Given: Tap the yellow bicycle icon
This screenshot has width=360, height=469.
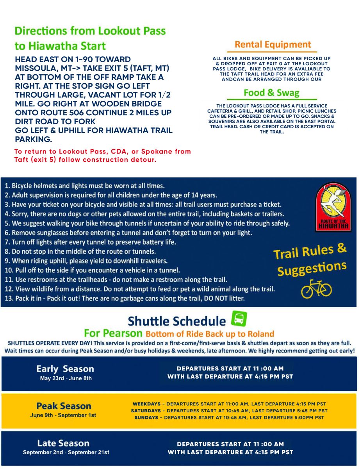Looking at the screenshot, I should tap(316, 289).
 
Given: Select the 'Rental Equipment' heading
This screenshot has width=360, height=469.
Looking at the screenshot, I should tap(273, 45).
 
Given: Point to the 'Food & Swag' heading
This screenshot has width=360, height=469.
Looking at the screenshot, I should tap(271, 93).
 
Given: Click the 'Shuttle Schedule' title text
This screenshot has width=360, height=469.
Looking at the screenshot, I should tap(177, 321).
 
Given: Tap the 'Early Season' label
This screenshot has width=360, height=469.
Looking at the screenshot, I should tap(65, 369).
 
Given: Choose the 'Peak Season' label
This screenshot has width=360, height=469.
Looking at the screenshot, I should tap(64, 406).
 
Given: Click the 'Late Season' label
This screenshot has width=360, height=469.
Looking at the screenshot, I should tap(63, 443).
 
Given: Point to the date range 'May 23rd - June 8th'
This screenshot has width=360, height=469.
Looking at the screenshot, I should tap(66, 378).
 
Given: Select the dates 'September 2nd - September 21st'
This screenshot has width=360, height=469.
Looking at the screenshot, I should tap(66, 453).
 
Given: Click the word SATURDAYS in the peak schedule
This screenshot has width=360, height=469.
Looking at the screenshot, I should tap(146, 411).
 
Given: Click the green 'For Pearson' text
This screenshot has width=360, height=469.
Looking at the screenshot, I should tap(113, 334).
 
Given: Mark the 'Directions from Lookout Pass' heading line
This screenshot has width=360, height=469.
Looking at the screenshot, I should tap(90, 31).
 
